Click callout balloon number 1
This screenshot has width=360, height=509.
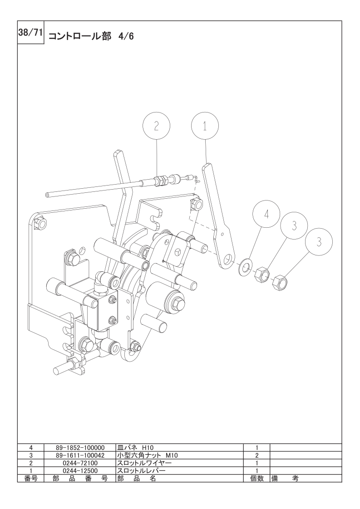pyautogui.click(x=205, y=126)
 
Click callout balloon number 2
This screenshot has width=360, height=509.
pyautogui.click(x=156, y=126)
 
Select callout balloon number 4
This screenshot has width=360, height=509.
pyautogui.click(x=266, y=214)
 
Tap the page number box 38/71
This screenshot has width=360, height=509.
pyautogui.click(x=30, y=33)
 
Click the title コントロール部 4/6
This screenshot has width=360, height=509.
pyautogui.click(x=91, y=36)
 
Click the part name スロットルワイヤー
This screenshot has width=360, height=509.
pyautogui.click(x=144, y=463)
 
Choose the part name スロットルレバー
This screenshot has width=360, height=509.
pyautogui.click(x=141, y=470)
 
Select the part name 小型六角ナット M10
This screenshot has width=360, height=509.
pyautogui.click(x=148, y=455)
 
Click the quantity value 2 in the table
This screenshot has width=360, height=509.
pyautogui.click(x=256, y=455)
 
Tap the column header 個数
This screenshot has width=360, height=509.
pyautogui.click(x=256, y=478)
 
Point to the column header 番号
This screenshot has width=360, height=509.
pyautogui.click(x=31, y=478)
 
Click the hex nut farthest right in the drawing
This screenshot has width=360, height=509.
pyautogui.click(x=281, y=283)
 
